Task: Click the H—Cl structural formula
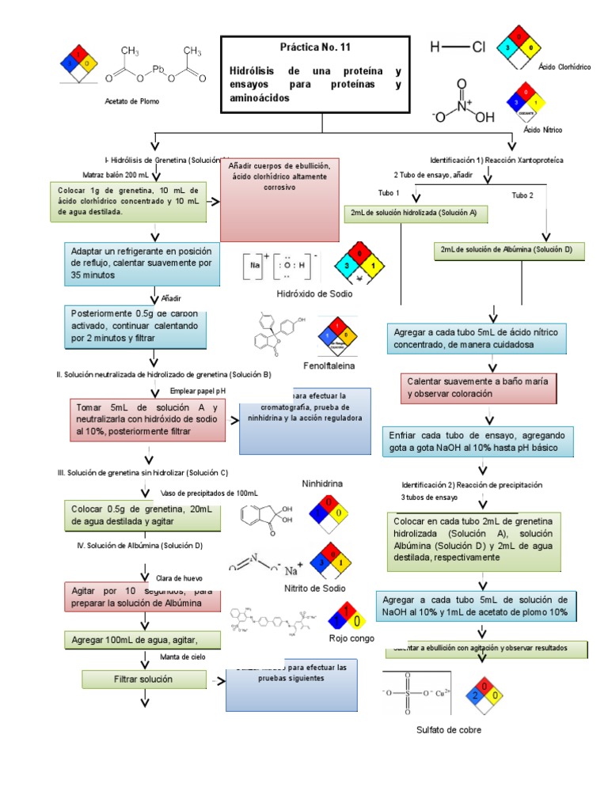[x=458, y=47]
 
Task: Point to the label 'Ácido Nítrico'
[x=541, y=127]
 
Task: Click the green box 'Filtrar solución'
[x=142, y=679]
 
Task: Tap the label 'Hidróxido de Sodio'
[x=314, y=293]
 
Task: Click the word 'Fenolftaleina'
[x=329, y=366]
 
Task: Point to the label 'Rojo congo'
[x=350, y=638]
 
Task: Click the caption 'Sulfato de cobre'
[x=449, y=730]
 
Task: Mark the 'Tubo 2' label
[x=522, y=195]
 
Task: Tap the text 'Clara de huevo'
[x=180, y=578]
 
